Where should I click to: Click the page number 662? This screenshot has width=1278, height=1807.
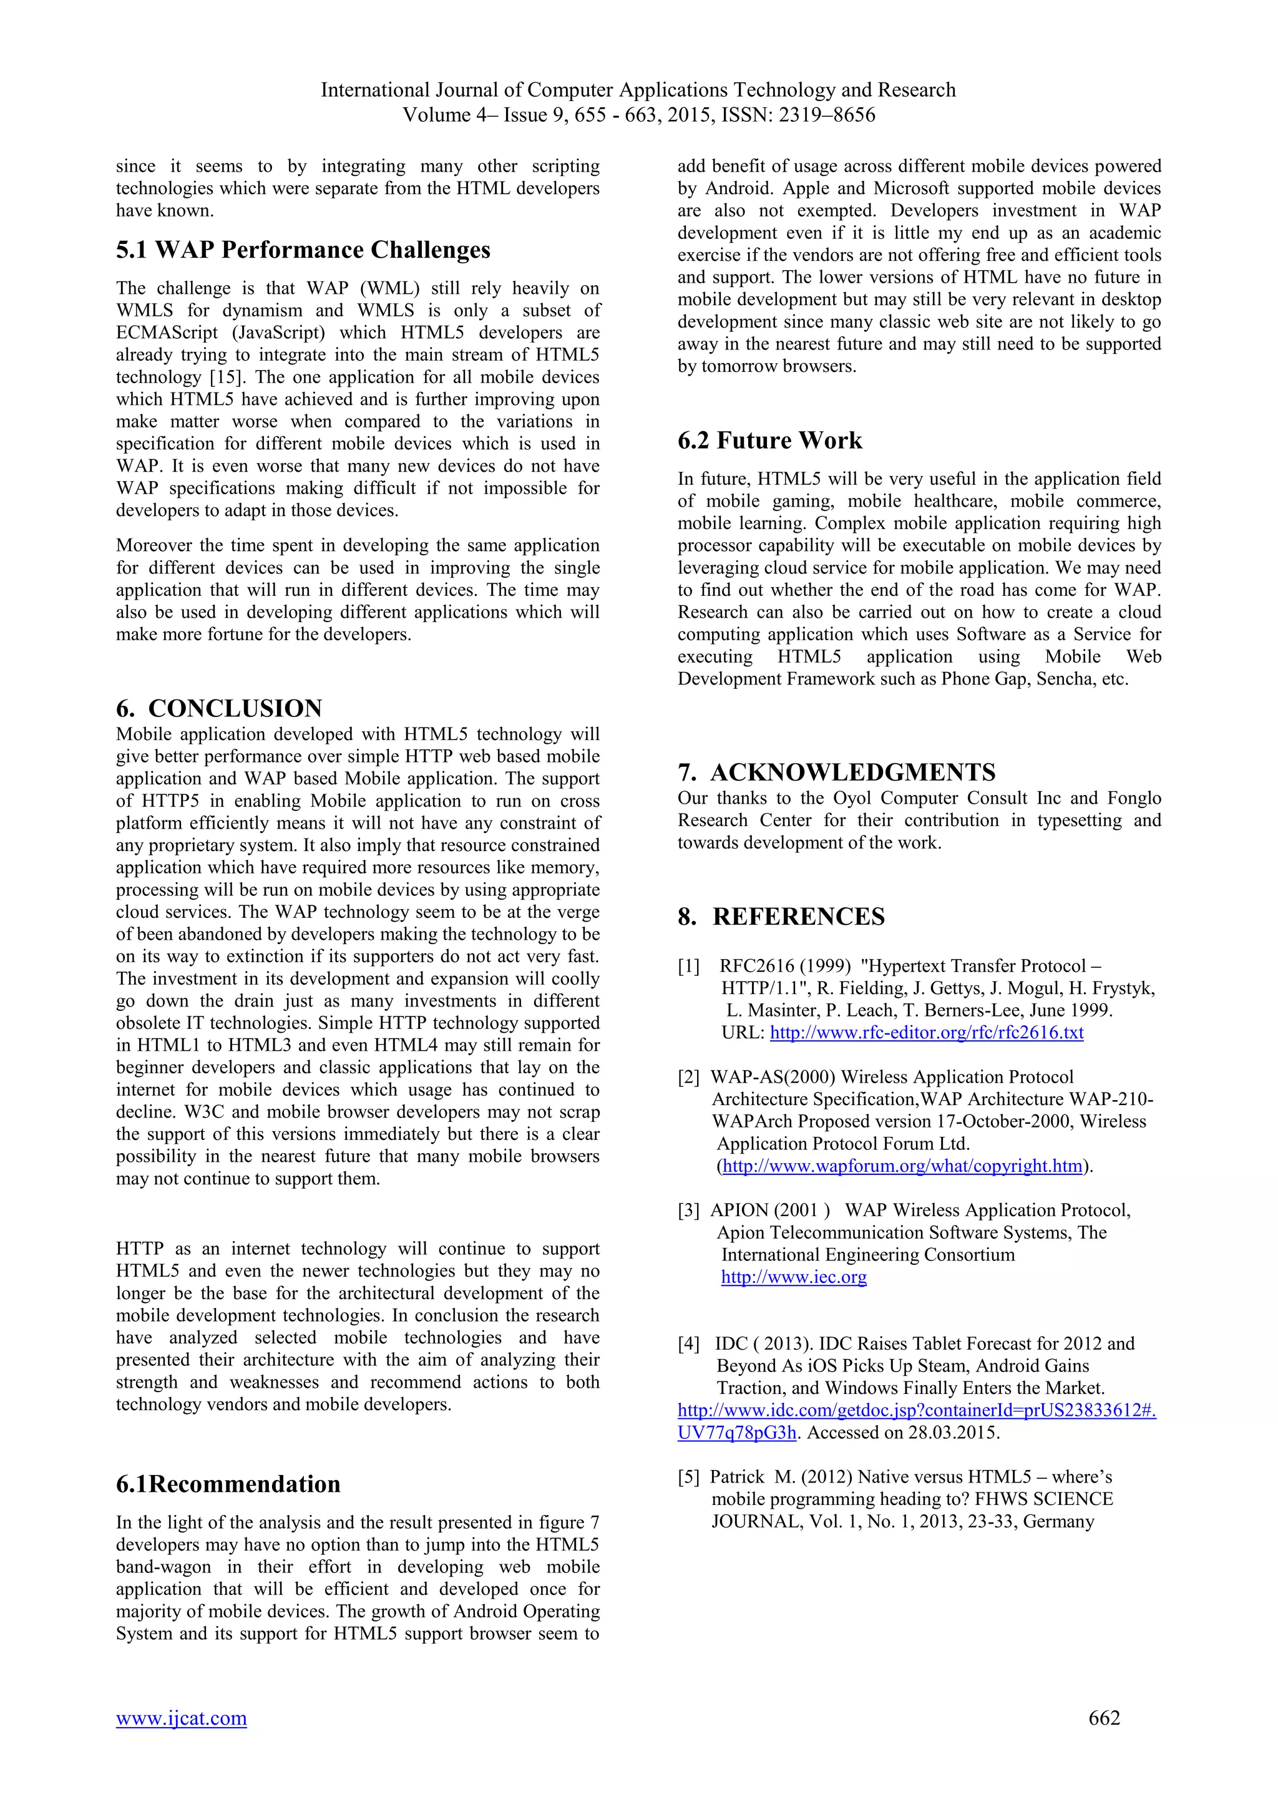click(1103, 1718)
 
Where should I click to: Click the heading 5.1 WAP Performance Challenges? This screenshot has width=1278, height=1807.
click(303, 250)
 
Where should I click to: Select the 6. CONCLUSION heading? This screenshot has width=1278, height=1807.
click(219, 708)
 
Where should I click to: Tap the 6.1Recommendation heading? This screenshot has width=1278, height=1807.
click(228, 1484)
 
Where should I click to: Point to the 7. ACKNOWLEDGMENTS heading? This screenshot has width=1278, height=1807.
click(837, 772)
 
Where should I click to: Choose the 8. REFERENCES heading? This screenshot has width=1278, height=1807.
click(781, 917)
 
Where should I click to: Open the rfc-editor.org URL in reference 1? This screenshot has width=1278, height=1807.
click(926, 1033)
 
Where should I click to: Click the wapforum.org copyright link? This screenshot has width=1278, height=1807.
click(902, 1166)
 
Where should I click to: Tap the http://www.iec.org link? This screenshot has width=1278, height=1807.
click(793, 1277)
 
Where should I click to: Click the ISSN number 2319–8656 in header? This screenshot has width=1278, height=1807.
click(826, 115)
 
